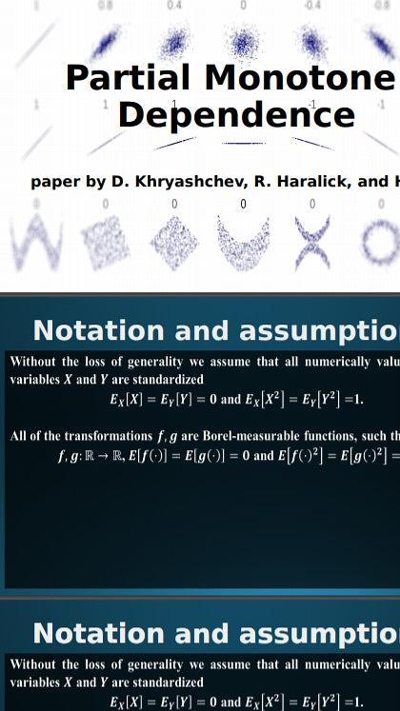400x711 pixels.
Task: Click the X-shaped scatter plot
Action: tap(311, 243)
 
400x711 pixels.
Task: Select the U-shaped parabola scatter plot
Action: tap(242, 243)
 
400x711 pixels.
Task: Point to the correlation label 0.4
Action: tap(174, 4)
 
